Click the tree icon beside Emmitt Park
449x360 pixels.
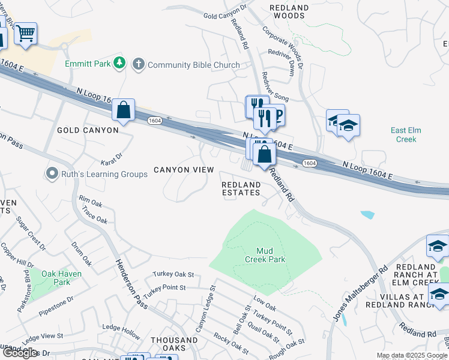pyautogui.click(x=120, y=62)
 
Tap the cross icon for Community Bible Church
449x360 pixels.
pyautogui.click(x=139, y=64)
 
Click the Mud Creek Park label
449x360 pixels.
pyautogui.click(x=265, y=255)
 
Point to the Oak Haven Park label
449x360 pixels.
pyautogui.click(x=56, y=278)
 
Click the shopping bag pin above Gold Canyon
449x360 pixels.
pyautogui.click(x=123, y=110)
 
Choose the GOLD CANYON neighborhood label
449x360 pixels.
pyautogui.click(x=88, y=130)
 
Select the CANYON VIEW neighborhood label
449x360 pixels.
pyautogui.click(x=184, y=170)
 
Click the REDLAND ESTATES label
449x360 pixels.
pyautogui.click(x=241, y=188)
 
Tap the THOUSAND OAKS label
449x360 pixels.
pyautogui.click(x=174, y=344)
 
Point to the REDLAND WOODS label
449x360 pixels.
pyautogui.click(x=289, y=12)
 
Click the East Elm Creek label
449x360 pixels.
pyautogui.click(x=403, y=134)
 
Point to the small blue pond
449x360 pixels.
pyautogui.click(x=367, y=214)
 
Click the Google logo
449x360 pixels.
pyautogui.click(x=20, y=353)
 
